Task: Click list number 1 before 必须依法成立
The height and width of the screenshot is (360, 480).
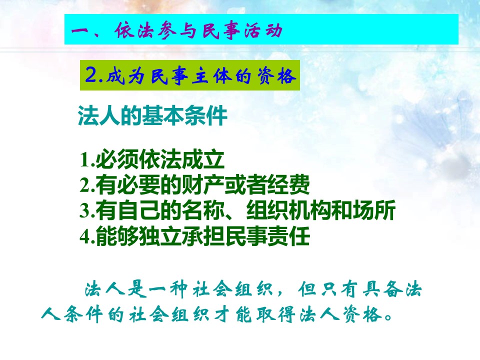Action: tap(85, 159)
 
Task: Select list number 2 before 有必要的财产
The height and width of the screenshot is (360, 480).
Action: tap(85, 185)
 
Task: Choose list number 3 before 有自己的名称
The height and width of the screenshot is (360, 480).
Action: tap(85, 210)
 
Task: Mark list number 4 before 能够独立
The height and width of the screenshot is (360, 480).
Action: tap(85, 236)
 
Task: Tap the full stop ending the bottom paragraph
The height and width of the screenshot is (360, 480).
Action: tap(389, 317)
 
